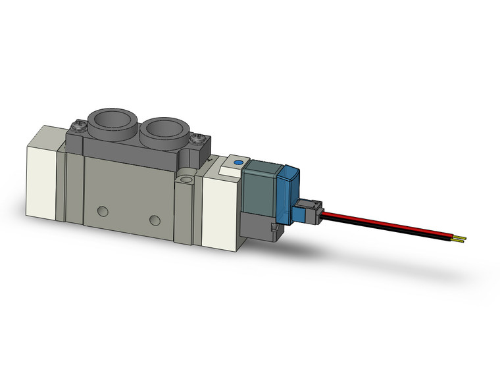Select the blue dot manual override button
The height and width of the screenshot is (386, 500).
pos(238,161)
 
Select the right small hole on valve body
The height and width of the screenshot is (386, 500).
pos(154,219)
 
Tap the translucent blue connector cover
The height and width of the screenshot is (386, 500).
pos(289,194)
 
